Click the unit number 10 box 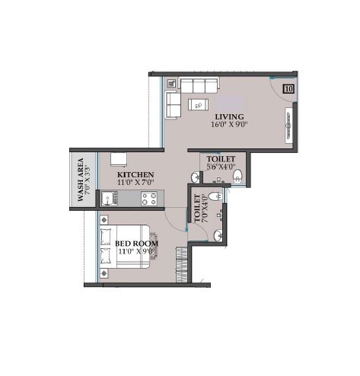tap(288, 88)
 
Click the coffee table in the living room tap(199, 105)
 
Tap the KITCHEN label tap(135, 175)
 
